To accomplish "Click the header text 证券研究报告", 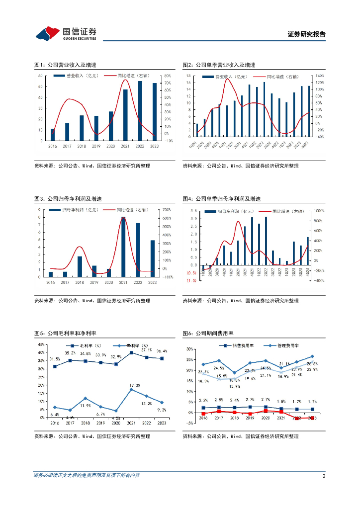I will (x=307, y=34).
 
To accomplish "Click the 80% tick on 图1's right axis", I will (x=169, y=76).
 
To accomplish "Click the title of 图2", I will (x=219, y=65).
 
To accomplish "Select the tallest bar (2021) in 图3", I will (x=123, y=247).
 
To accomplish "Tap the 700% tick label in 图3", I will (x=167, y=210).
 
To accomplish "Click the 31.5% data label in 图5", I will (x=55, y=359).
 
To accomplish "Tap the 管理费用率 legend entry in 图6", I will (x=283, y=345).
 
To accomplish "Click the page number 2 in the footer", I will (x=324, y=476).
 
